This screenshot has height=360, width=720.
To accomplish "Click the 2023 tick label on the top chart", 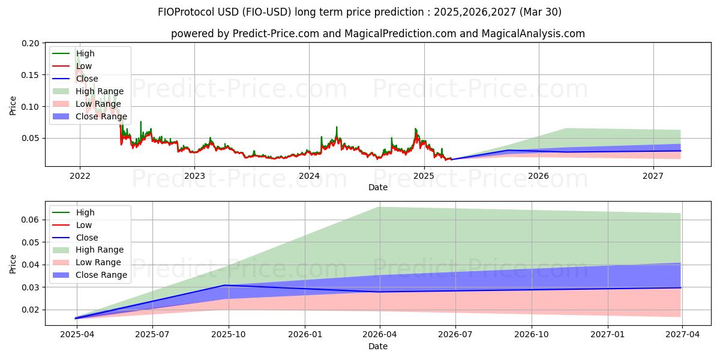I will coord(194,176).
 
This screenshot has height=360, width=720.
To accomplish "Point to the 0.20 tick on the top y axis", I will coord(32,44).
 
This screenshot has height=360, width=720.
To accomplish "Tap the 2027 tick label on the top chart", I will coord(653,176).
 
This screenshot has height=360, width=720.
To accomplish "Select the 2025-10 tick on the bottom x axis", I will coord(229,335).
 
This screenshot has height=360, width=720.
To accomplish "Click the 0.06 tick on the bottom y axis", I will coord(32,220).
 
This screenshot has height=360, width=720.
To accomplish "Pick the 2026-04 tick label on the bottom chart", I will coord(380,335).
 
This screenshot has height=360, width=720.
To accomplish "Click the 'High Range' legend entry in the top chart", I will coord(100,91).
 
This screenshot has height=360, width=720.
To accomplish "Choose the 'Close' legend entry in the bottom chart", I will coord(87,238).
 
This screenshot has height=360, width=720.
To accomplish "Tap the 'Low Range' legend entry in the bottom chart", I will coord(98,262).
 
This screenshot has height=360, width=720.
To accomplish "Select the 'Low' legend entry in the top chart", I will coord(84,66).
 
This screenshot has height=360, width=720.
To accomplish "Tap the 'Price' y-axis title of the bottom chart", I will coord(13,264).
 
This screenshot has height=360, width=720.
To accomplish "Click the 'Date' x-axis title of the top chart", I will coord(378,187).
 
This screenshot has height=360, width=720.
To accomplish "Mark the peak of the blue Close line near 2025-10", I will coord(224,285).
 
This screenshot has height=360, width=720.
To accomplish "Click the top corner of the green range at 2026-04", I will coord(379,207).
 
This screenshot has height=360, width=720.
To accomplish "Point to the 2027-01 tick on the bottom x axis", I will coord(608,335).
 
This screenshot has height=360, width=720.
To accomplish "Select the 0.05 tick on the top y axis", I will coord(32,138).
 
